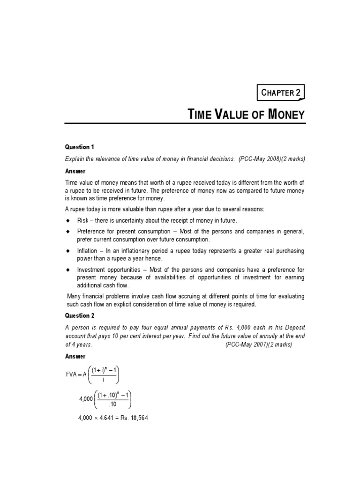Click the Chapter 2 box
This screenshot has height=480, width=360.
coord(281,92)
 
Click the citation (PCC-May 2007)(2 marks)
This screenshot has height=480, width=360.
coord(258,345)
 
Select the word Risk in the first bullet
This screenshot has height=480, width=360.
coord(82,221)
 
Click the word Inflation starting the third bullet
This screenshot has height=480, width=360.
coord(88,251)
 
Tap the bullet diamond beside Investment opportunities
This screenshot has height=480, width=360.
coord(67,270)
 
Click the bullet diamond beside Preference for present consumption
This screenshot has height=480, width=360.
coord(67,232)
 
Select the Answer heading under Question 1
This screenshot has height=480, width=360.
coord(75,172)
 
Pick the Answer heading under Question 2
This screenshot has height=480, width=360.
coord(75,357)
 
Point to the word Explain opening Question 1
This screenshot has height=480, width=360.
coord(75,159)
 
